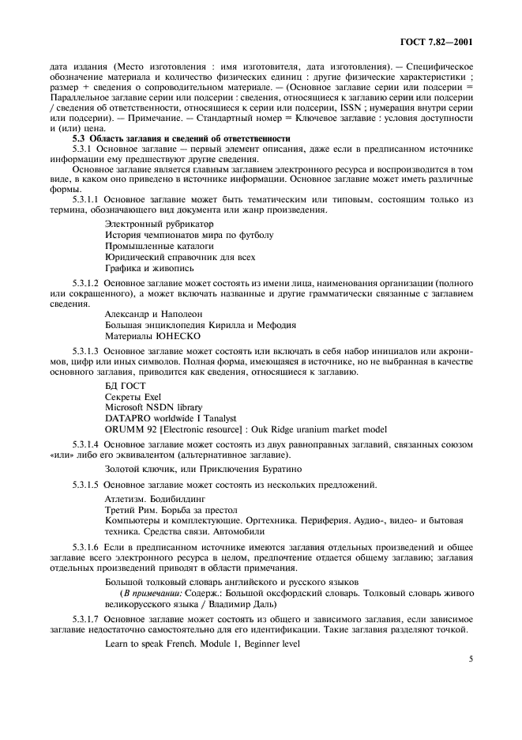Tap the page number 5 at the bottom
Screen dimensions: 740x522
[469, 656]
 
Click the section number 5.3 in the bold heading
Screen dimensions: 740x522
[80, 138]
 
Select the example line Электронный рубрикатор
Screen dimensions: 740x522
[151, 224]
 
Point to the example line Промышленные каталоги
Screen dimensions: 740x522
[148, 246]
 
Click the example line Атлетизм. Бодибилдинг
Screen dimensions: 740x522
[155, 500]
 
